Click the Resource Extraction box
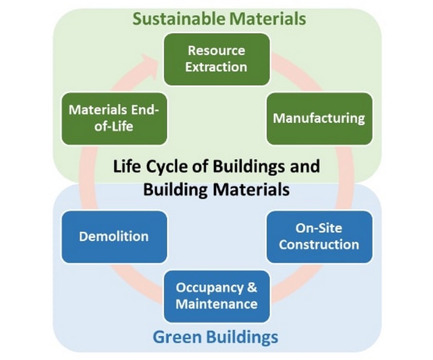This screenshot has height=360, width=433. click(x=217, y=59)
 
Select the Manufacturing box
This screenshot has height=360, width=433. click(x=319, y=118)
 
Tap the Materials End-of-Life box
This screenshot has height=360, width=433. click(x=114, y=118)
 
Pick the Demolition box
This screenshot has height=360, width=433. click(x=114, y=237)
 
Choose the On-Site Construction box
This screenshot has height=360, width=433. click(x=319, y=237)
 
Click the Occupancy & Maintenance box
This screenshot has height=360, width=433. click(x=217, y=296)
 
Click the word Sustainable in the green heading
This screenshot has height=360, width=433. click(x=179, y=19)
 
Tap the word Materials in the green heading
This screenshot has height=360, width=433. click(x=267, y=19)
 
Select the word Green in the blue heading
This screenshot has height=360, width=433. click(x=178, y=337)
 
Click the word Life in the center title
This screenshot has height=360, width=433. click(x=127, y=166)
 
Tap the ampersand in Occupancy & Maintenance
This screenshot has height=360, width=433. click(x=252, y=287)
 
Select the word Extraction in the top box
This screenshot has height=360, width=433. click(x=216, y=67)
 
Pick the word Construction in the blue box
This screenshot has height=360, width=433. click(x=319, y=245)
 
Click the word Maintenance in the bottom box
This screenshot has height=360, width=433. click(x=217, y=304)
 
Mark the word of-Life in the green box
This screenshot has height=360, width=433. click(x=114, y=126)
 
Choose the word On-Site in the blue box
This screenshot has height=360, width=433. click(x=319, y=228)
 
